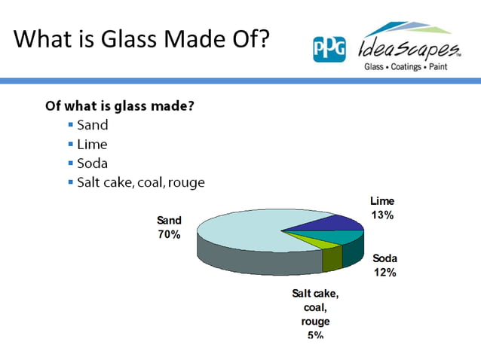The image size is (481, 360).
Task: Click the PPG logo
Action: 329,49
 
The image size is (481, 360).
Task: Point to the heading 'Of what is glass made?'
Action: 120,105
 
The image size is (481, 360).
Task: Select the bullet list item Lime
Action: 92,144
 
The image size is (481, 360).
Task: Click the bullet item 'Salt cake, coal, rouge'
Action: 140,182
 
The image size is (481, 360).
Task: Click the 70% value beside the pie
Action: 169,234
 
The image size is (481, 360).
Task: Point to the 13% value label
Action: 381,215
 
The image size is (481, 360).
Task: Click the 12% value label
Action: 384,273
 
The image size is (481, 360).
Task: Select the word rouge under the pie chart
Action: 315,321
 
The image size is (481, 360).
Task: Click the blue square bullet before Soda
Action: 70,163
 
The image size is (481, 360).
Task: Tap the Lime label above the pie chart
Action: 381,201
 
